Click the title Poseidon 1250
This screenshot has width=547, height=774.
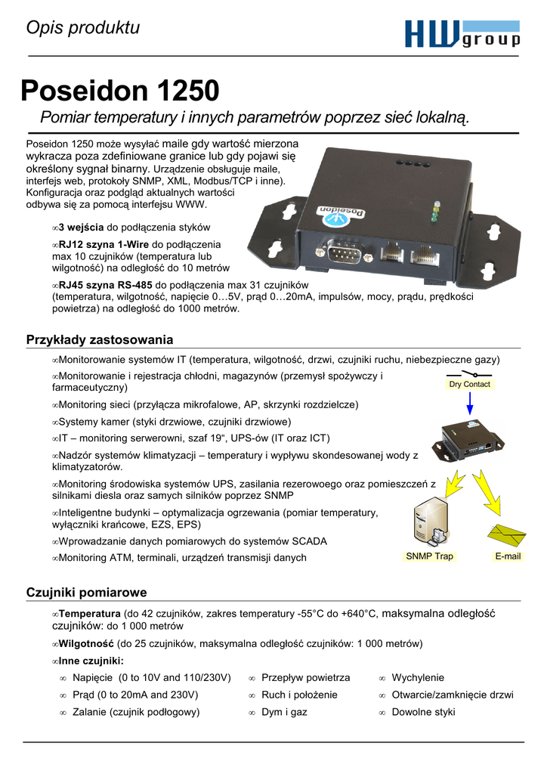click(120, 91)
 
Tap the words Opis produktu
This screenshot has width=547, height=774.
click(83, 29)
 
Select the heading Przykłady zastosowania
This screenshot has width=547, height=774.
click(100, 340)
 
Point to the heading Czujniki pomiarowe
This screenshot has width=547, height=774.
click(86, 592)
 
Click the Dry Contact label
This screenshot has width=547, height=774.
click(470, 384)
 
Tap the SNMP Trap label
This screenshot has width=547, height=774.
click(429, 556)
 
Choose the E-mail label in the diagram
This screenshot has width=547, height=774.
click(508, 556)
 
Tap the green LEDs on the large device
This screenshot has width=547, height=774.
click(434, 212)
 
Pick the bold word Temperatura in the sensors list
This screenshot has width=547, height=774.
click(89, 614)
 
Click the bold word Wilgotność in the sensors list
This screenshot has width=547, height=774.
click(86, 643)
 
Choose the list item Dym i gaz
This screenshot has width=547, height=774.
click(284, 712)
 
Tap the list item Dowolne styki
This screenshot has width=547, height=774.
click(424, 712)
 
